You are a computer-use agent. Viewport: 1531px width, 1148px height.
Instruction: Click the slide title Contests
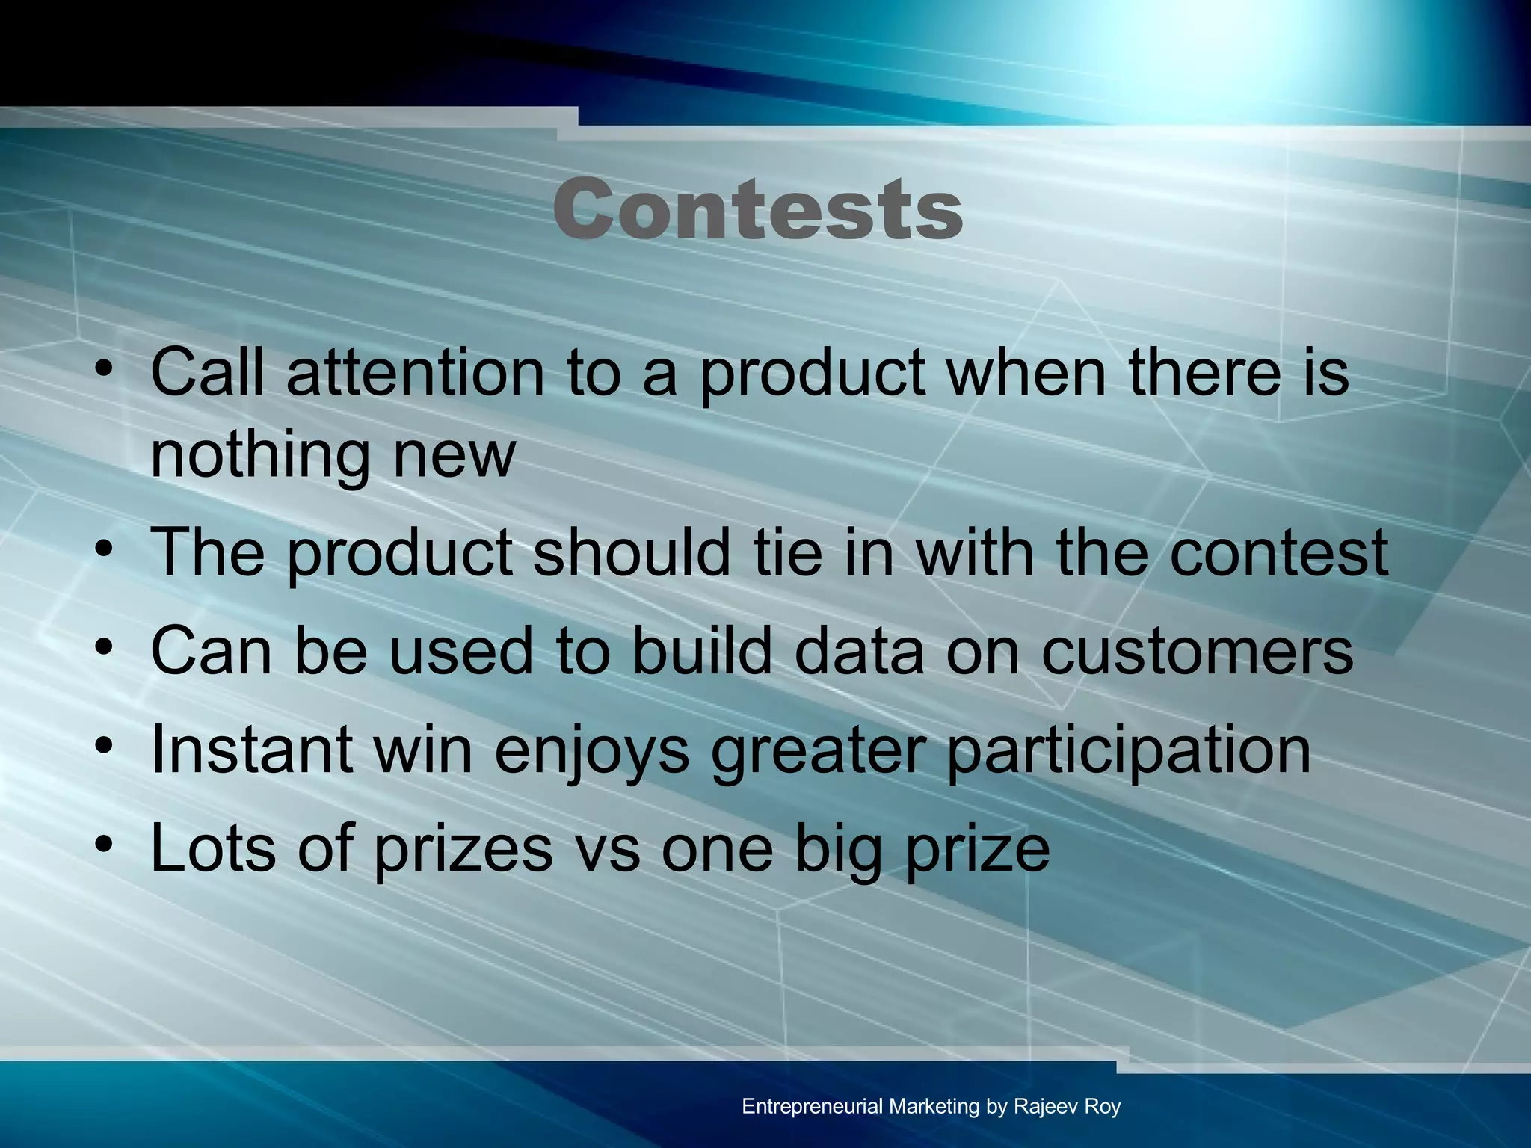coord(758,209)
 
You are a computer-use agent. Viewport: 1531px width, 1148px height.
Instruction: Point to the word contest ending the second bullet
coord(1279,554)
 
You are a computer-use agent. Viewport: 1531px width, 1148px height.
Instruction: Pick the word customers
coord(1198,652)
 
